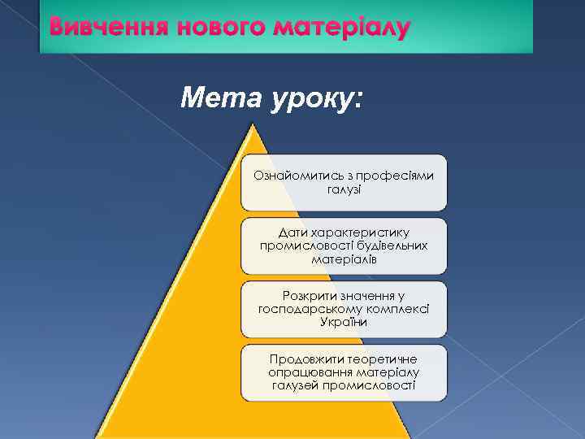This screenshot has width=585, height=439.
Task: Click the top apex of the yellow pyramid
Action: pos(253,124)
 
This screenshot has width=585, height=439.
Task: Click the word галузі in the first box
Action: pos(344,189)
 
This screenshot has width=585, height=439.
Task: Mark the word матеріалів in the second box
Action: pos(344,259)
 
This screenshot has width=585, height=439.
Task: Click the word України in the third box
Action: pos(344,322)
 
